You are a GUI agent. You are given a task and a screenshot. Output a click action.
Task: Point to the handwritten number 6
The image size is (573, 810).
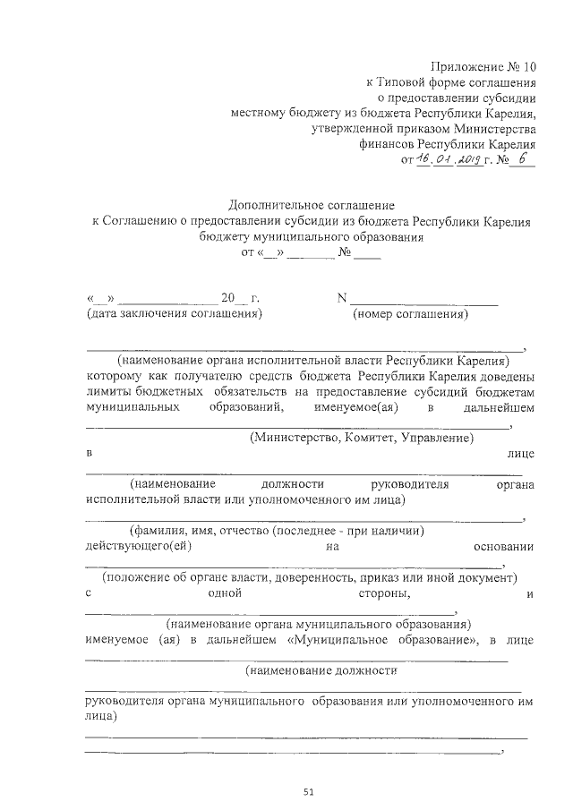[524, 159]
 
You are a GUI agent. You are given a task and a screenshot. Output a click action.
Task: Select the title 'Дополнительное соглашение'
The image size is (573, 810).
[312, 206]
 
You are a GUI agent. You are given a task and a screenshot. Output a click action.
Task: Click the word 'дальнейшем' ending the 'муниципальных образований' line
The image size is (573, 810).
[498, 407]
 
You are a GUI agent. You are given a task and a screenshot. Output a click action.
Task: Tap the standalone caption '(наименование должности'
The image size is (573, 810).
[321, 669]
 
